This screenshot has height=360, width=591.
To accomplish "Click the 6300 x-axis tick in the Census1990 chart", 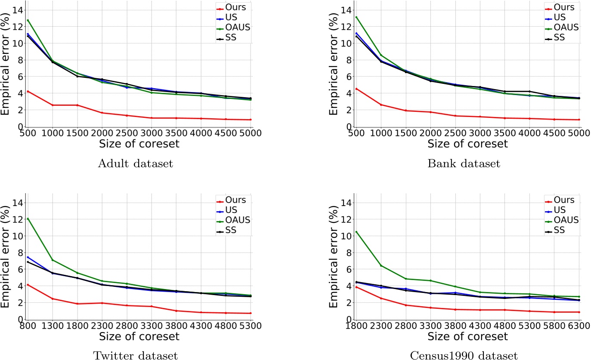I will click(579, 326).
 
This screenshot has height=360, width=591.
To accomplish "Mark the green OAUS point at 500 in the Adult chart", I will click(28, 20).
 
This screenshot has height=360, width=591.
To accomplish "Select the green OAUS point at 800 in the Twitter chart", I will click(28, 218).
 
